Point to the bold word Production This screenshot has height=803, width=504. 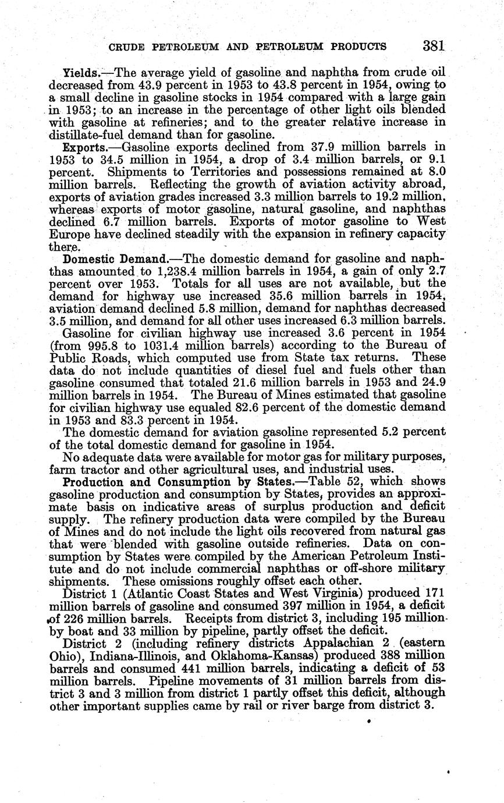92,482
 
